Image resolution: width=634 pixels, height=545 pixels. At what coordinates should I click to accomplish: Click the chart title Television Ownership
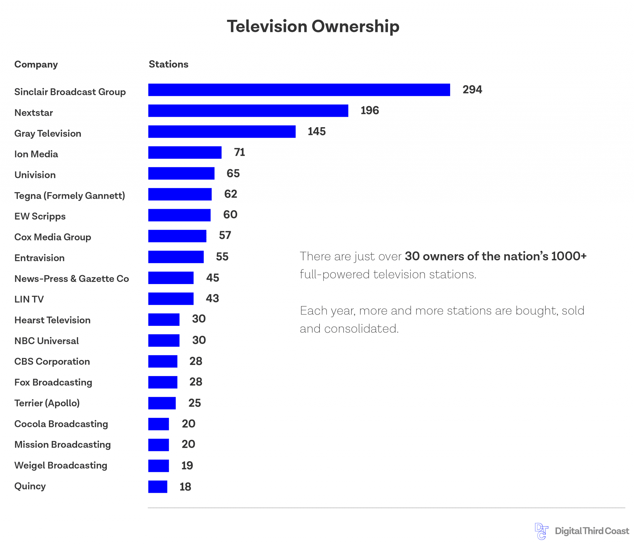313,26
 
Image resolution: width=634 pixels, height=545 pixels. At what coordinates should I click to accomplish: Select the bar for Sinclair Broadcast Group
299,90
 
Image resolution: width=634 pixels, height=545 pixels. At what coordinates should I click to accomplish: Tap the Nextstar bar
248,111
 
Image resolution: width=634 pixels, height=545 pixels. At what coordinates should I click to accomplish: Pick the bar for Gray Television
222,132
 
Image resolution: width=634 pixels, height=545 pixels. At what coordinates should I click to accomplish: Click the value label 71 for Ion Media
239,152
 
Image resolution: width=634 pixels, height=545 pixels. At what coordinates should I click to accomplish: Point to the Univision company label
35,175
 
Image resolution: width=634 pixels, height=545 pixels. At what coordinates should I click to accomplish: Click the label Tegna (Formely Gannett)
70,196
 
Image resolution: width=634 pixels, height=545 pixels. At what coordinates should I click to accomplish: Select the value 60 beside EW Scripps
230,214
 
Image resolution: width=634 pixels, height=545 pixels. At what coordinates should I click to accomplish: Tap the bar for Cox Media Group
177,236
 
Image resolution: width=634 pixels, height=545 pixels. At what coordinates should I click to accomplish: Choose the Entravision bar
176,257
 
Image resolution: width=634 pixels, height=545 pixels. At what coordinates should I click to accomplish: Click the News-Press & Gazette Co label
72,279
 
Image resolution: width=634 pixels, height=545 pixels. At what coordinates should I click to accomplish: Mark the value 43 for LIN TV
212,298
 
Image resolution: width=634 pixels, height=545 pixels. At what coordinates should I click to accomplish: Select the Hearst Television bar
164,319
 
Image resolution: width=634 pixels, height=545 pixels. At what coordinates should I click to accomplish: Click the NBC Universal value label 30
199,340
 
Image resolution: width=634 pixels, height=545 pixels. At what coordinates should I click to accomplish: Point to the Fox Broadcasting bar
163,382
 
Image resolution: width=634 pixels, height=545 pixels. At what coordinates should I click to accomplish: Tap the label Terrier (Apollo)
47,403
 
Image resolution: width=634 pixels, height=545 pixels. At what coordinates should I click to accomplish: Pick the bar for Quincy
158,487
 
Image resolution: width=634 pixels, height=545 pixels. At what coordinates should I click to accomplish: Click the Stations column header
168,64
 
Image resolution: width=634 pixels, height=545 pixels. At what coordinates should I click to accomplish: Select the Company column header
36,64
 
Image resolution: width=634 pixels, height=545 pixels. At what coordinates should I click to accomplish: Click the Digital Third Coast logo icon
541,531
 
